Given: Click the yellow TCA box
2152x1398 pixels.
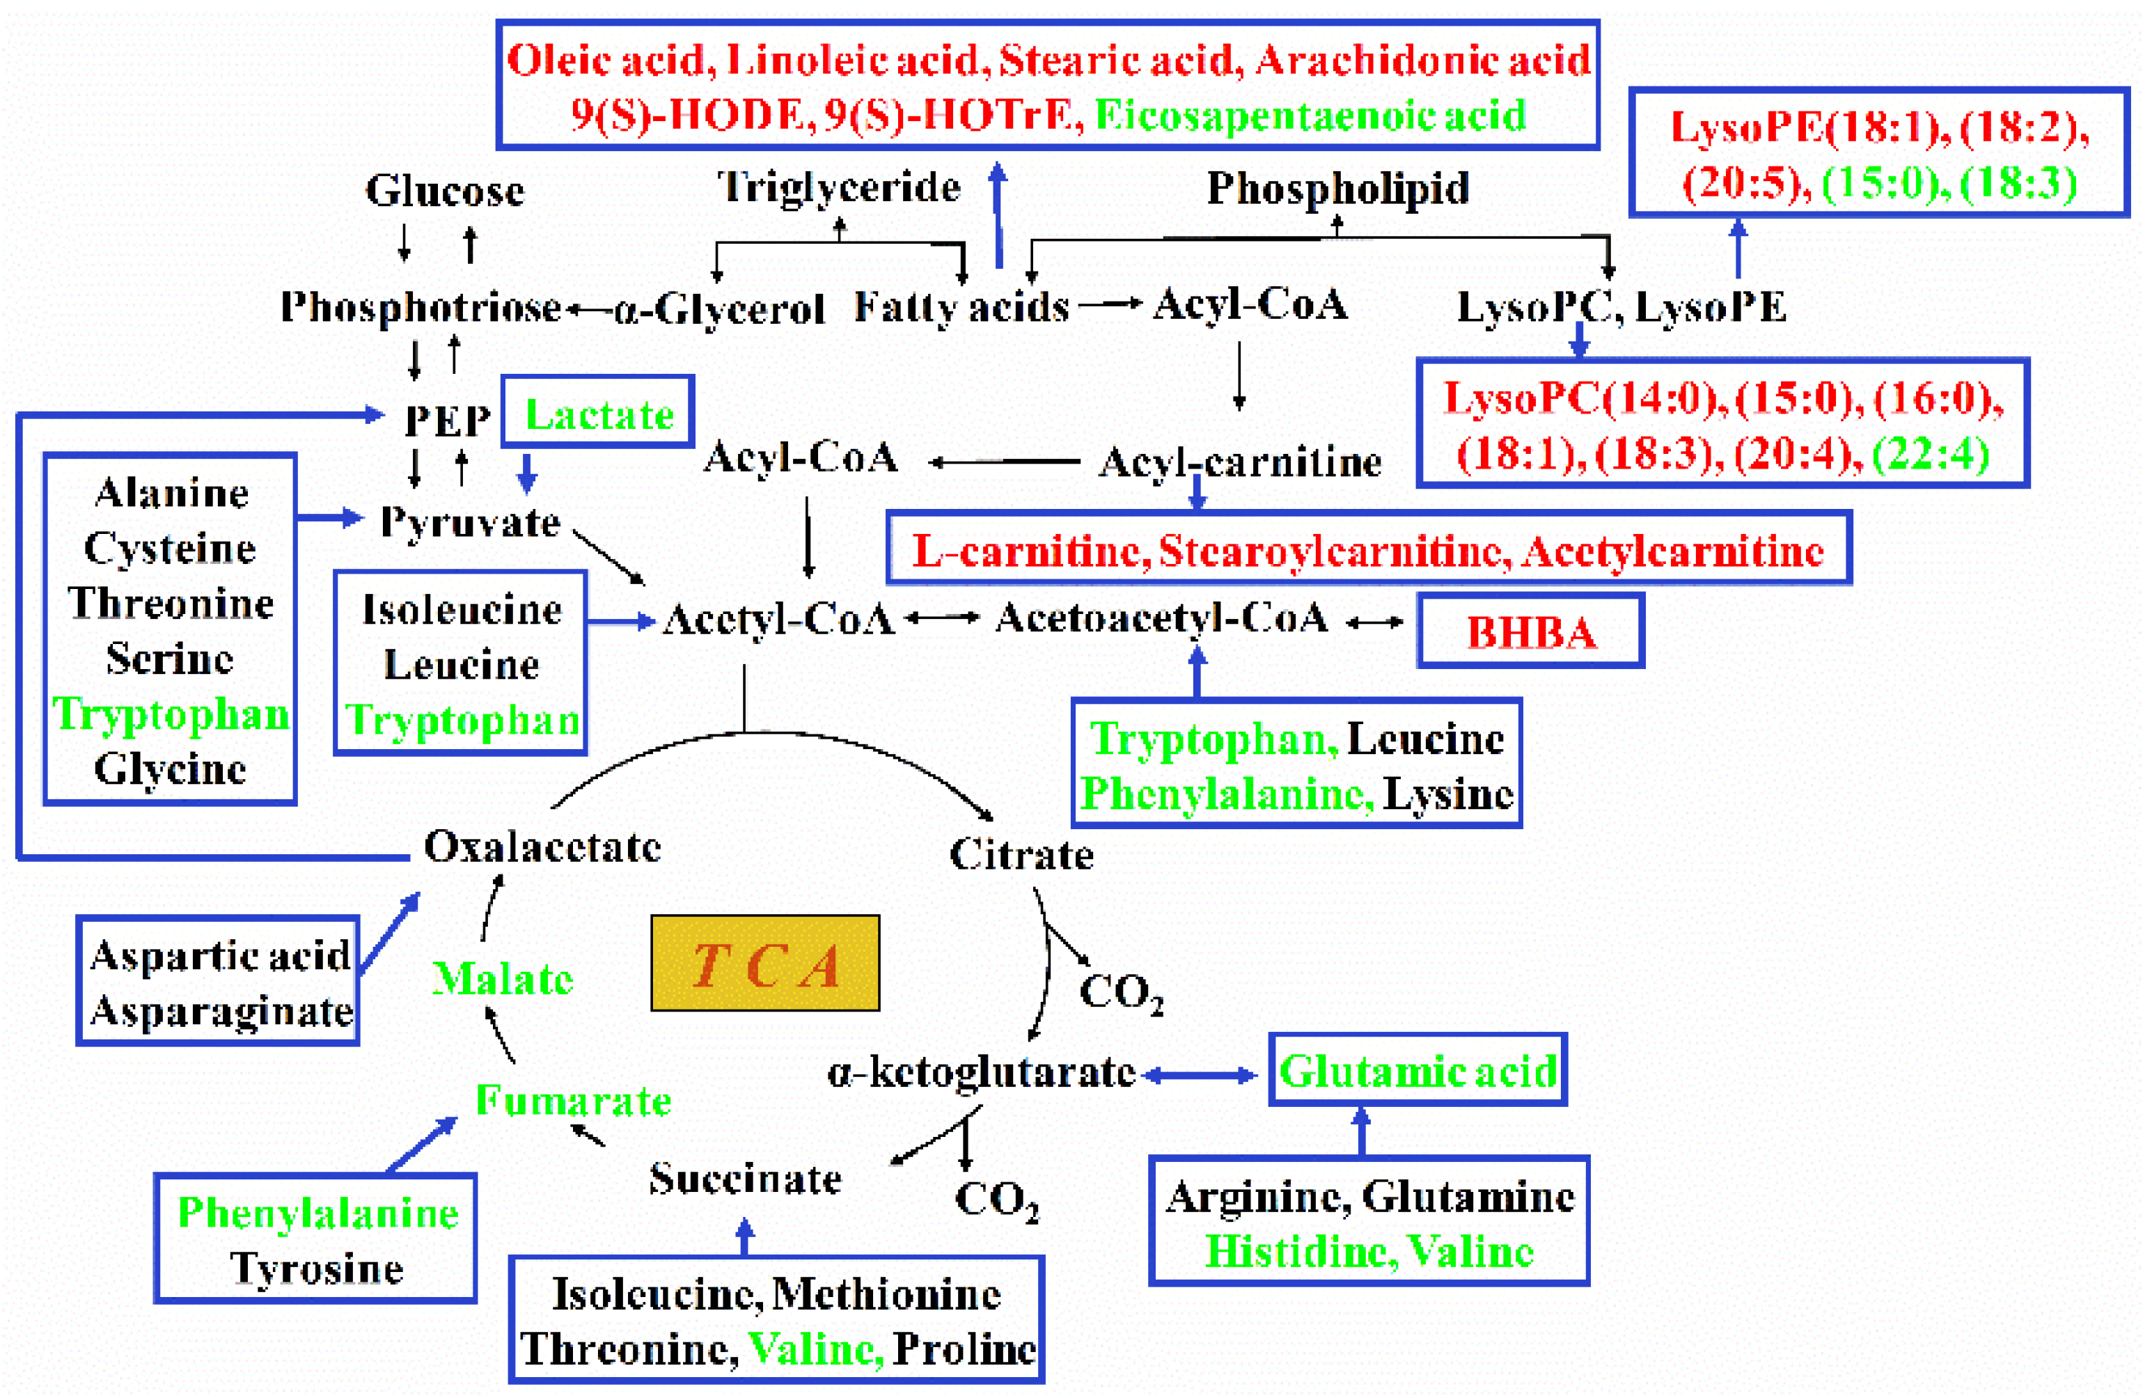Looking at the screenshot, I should [x=765, y=963].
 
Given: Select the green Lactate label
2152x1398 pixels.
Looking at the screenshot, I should [x=599, y=414].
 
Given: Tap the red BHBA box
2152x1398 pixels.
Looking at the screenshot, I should [x=1531, y=632].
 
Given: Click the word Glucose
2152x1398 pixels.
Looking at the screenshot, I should [x=444, y=191].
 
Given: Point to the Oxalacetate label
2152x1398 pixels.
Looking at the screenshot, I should [x=542, y=847].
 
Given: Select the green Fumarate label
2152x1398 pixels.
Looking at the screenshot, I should [x=573, y=1101].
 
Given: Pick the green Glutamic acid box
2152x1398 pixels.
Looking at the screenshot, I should [x=1417, y=1071].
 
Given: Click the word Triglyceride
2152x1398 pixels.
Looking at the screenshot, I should [x=839, y=187].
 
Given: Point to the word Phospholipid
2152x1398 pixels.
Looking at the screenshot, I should [x=1338, y=189].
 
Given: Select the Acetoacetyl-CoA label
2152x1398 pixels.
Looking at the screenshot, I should [x=1162, y=618].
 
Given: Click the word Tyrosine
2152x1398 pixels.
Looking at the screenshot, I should [x=317, y=1268].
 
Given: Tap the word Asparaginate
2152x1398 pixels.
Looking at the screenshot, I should [x=221, y=1011].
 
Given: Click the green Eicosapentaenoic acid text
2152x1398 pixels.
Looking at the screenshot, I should [x=1310, y=116].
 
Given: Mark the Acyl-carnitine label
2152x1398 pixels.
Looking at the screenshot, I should [x=1240, y=462].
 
